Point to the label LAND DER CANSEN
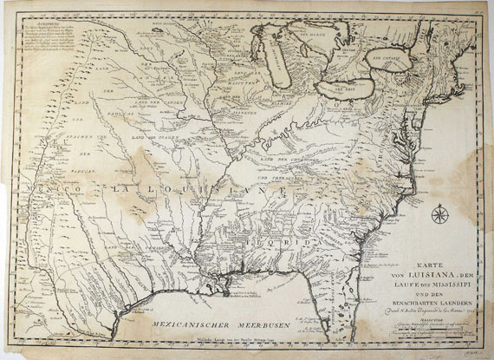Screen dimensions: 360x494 182,103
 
